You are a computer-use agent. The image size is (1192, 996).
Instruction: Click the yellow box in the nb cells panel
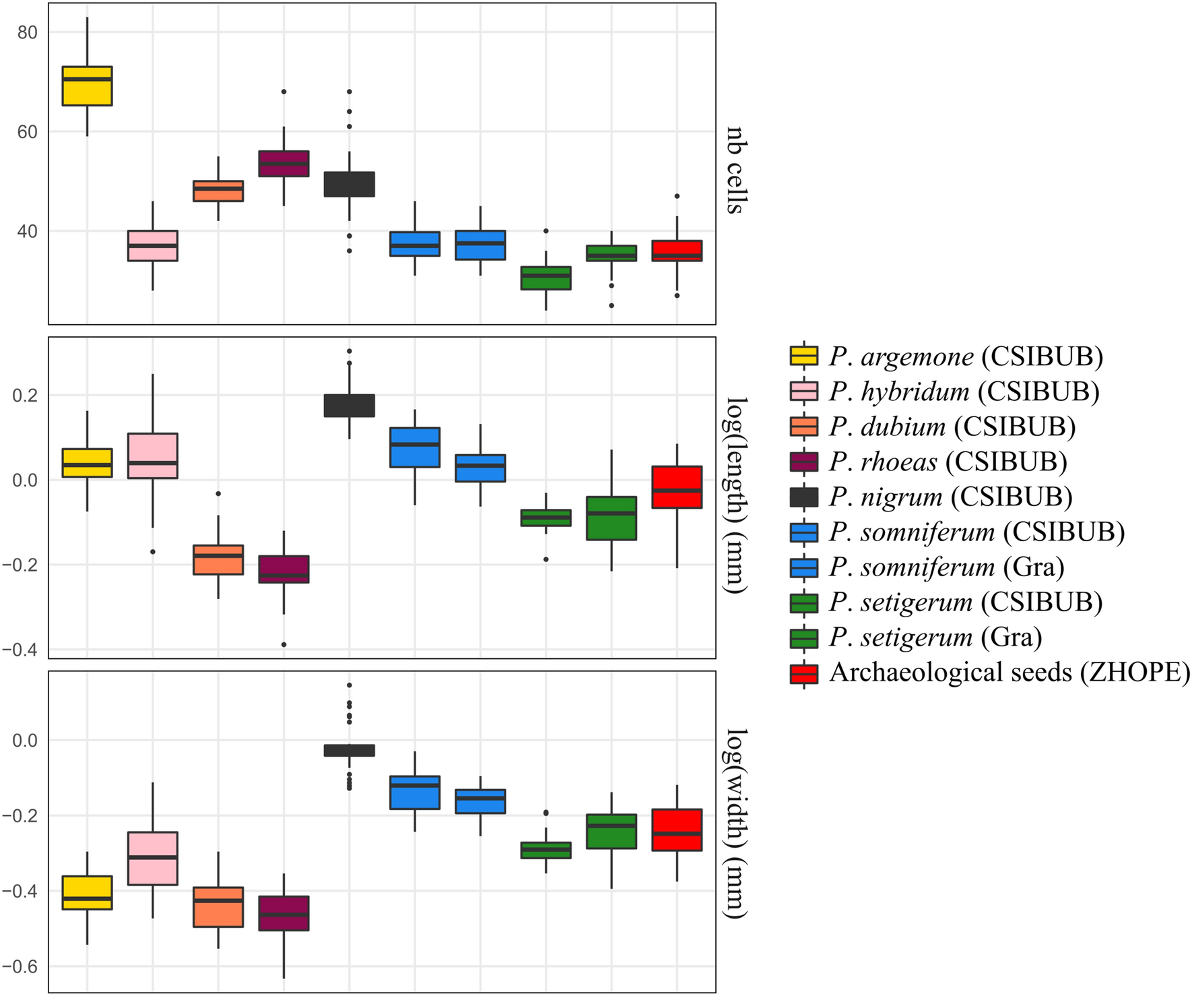coord(87,86)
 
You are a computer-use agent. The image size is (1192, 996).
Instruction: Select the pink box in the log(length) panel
coord(153,456)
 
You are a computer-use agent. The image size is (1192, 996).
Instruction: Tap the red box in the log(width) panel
coord(677,830)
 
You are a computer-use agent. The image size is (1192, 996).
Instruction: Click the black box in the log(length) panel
coord(349,406)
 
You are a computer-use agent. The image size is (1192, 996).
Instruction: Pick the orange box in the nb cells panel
coord(218,191)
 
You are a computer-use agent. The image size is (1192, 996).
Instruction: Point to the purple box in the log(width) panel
coord(284,914)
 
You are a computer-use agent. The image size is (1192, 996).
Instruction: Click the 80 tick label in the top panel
coord(28,32)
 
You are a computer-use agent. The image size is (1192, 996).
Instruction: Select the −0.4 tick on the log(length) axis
coord(20,650)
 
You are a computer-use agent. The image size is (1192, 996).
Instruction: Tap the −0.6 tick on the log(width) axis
coord(20,967)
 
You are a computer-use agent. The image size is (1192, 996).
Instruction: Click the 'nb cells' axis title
coord(735,170)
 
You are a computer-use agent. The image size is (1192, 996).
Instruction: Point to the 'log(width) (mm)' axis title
coord(735,823)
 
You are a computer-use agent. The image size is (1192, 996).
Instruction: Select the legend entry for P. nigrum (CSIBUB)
coord(950,497)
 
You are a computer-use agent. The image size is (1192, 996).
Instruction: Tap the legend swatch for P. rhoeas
coord(804,462)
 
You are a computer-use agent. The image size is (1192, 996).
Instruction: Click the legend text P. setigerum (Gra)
coord(935,637)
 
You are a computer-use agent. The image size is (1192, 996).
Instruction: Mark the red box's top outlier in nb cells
coord(677,196)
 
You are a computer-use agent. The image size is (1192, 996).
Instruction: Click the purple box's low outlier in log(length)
coord(284,645)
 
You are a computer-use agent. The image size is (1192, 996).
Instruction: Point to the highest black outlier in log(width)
coord(349,685)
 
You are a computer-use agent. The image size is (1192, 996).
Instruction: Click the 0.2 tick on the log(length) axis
coord(24,396)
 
